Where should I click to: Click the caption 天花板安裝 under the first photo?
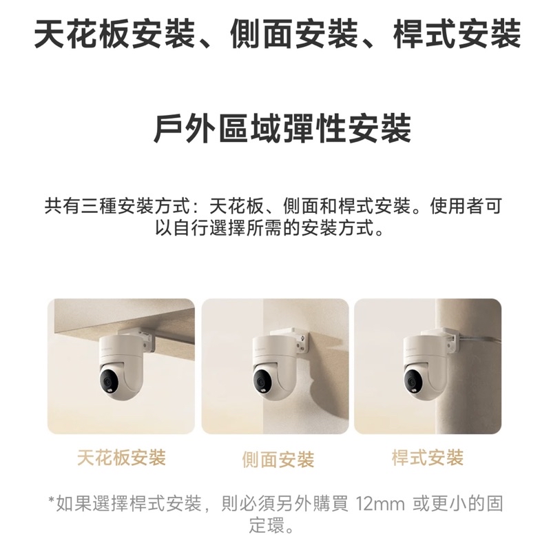tap(121, 458)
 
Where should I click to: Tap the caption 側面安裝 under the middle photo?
tap(278, 460)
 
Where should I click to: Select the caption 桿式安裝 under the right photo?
tap(428, 458)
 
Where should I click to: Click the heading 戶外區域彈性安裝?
tap(282, 128)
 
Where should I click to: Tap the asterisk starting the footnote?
tap(52, 501)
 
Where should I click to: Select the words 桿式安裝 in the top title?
tap(457, 34)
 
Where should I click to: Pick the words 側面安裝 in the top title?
tap(294, 34)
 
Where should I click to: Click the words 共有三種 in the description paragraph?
tap(81, 206)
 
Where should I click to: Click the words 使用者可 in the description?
tap(466, 206)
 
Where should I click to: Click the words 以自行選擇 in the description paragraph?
tap(200, 228)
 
